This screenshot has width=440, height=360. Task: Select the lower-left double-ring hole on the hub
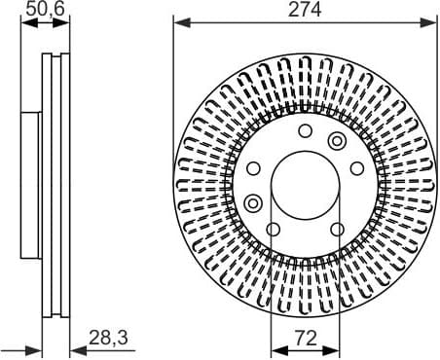click(255, 203)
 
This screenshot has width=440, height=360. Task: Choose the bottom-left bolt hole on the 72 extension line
click(274, 230)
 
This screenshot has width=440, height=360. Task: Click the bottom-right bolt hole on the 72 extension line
click(337, 230)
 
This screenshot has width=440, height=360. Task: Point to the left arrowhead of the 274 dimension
click(177, 21)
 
